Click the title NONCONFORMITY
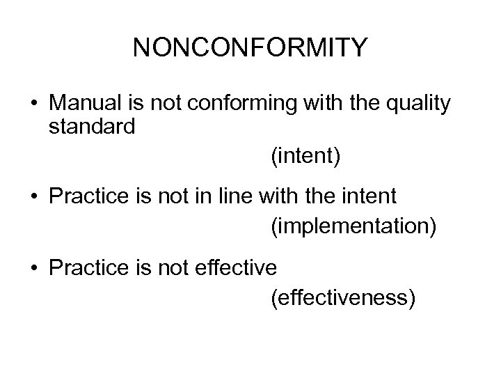[x=250, y=48]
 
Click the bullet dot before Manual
[x=34, y=105]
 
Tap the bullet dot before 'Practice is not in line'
[x=34, y=197]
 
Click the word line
[x=234, y=196]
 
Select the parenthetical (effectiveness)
[x=343, y=298]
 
